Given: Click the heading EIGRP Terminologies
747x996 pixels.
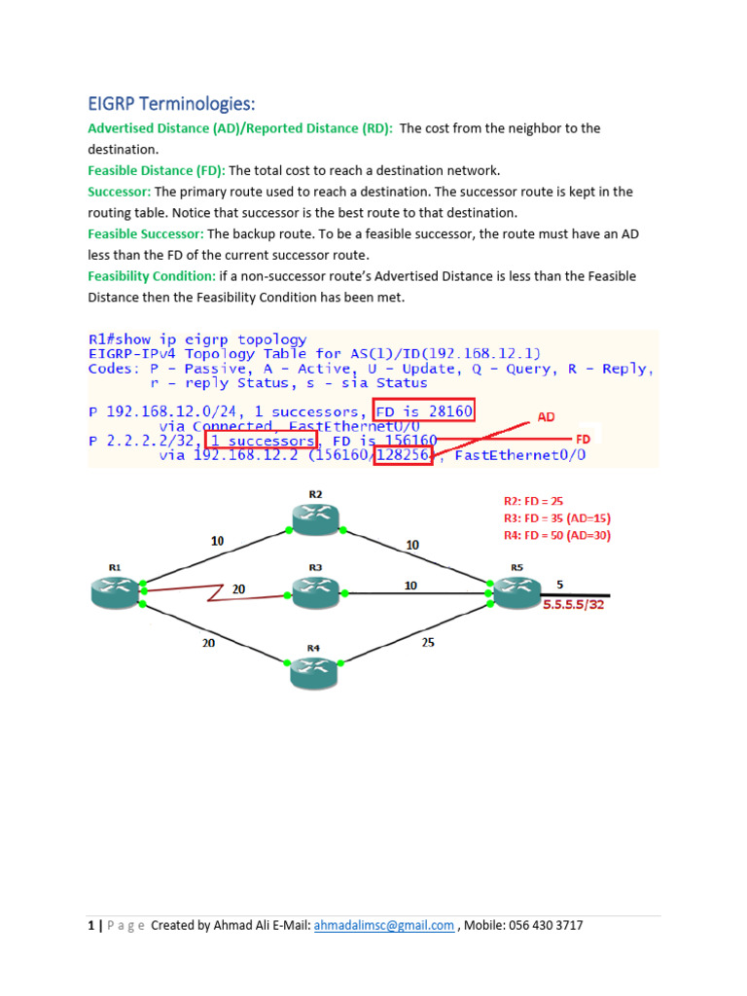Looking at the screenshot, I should (171, 104).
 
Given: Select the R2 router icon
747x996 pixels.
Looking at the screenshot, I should (315, 519).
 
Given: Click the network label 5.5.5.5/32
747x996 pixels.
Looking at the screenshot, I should (574, 604).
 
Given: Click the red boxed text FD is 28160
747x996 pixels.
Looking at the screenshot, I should (423, 411).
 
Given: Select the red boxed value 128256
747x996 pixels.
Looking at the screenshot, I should (403, 454).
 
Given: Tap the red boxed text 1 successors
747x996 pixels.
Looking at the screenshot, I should (260, 441).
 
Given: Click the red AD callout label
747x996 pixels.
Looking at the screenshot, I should (546, 416).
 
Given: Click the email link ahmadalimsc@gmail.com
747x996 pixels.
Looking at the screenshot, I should (384, 925).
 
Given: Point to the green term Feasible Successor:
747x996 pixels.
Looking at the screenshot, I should (146, 234).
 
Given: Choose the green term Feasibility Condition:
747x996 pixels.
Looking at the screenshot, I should (152, 276).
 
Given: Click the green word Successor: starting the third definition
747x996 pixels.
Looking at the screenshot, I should (120, 192).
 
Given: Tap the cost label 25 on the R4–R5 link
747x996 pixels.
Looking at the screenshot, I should (428, 643).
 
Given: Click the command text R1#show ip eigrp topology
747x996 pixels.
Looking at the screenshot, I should (197, 339).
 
